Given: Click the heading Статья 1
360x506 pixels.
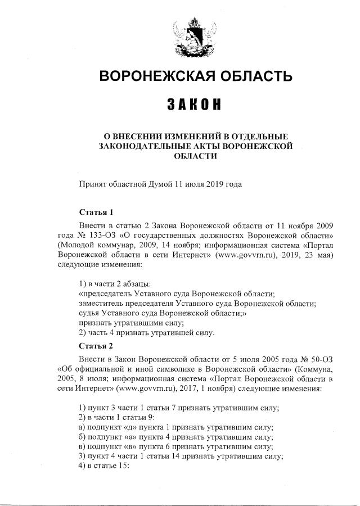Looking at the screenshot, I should click(96, 213).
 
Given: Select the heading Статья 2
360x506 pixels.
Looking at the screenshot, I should click(96, 345).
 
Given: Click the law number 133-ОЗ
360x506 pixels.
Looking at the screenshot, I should click(90, 233).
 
